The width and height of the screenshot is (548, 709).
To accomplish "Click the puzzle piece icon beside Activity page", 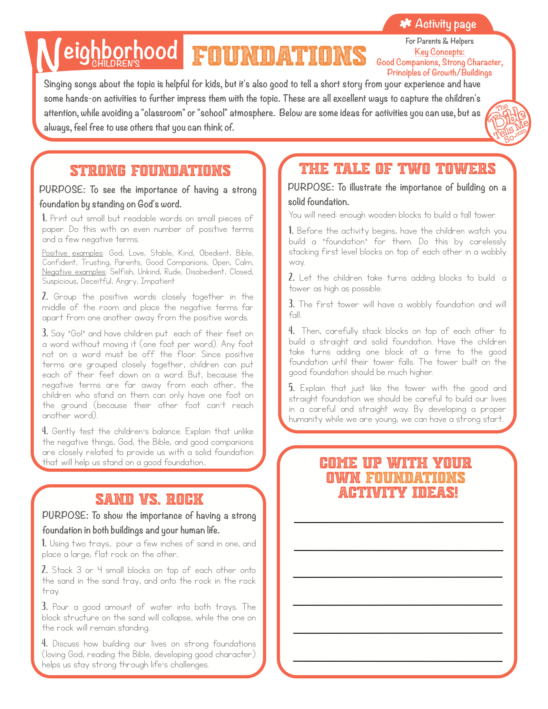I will (x=405, y=24).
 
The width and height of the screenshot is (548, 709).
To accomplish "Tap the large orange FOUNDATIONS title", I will (x=279, y=56).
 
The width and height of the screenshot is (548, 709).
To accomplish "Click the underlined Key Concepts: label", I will (x=439, y=52).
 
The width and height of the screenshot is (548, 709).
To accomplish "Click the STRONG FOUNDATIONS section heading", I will (x=150, y=171).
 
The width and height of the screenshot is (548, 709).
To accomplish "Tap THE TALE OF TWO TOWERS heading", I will (x=397, y=169).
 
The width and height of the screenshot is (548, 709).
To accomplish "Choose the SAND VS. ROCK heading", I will (x=149, y=499).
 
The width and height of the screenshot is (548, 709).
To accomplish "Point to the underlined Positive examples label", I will (x=73, y=253).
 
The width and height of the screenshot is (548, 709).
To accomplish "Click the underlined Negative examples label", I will (x=74, y=272).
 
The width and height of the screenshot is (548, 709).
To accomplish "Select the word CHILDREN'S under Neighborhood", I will (x=116, y=64).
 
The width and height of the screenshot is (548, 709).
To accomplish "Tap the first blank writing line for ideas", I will (x=398, y=522).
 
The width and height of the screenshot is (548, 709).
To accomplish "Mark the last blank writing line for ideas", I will (x=398, y=661).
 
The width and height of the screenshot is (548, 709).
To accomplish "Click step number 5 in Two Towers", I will (x=291, y=388).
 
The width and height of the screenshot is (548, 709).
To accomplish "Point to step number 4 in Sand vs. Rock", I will (x=44, y=643).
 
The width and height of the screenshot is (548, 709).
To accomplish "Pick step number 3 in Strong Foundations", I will (x=45, y=333).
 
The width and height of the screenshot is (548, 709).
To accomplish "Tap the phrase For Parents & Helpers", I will (x=439, y=41).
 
